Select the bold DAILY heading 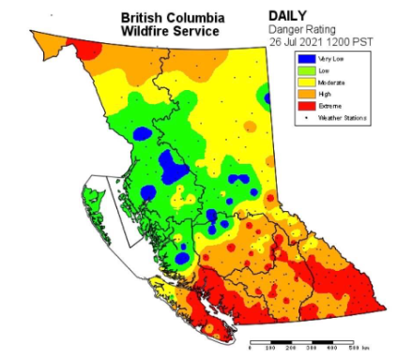[x=287, y=16]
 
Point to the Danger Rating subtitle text [x=302, y=29]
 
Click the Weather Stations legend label [x=342, y=118]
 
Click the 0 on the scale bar [x=250, y=348]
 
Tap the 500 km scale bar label [x=356, y=348]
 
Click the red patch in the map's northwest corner [x=86, y=48]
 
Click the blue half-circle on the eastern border [x=267, y=97]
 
